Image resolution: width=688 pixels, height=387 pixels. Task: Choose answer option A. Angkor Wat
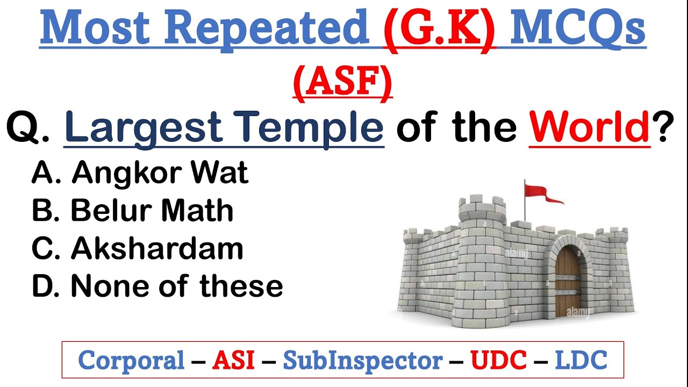click(140, 173)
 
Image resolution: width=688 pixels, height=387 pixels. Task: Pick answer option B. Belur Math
click(133, 211)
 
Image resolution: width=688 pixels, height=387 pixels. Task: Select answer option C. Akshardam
click(138, 248)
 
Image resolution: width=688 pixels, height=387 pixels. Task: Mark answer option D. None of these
click(157, 286)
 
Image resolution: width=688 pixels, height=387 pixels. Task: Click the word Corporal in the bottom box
click(131, 361)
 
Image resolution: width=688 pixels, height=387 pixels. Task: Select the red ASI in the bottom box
click(233, 361)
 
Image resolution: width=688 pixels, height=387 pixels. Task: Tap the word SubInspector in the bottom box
click(363, 361)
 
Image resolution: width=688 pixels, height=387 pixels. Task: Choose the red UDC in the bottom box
click(498, 361)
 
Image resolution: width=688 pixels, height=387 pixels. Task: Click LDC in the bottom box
click(580, 361)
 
